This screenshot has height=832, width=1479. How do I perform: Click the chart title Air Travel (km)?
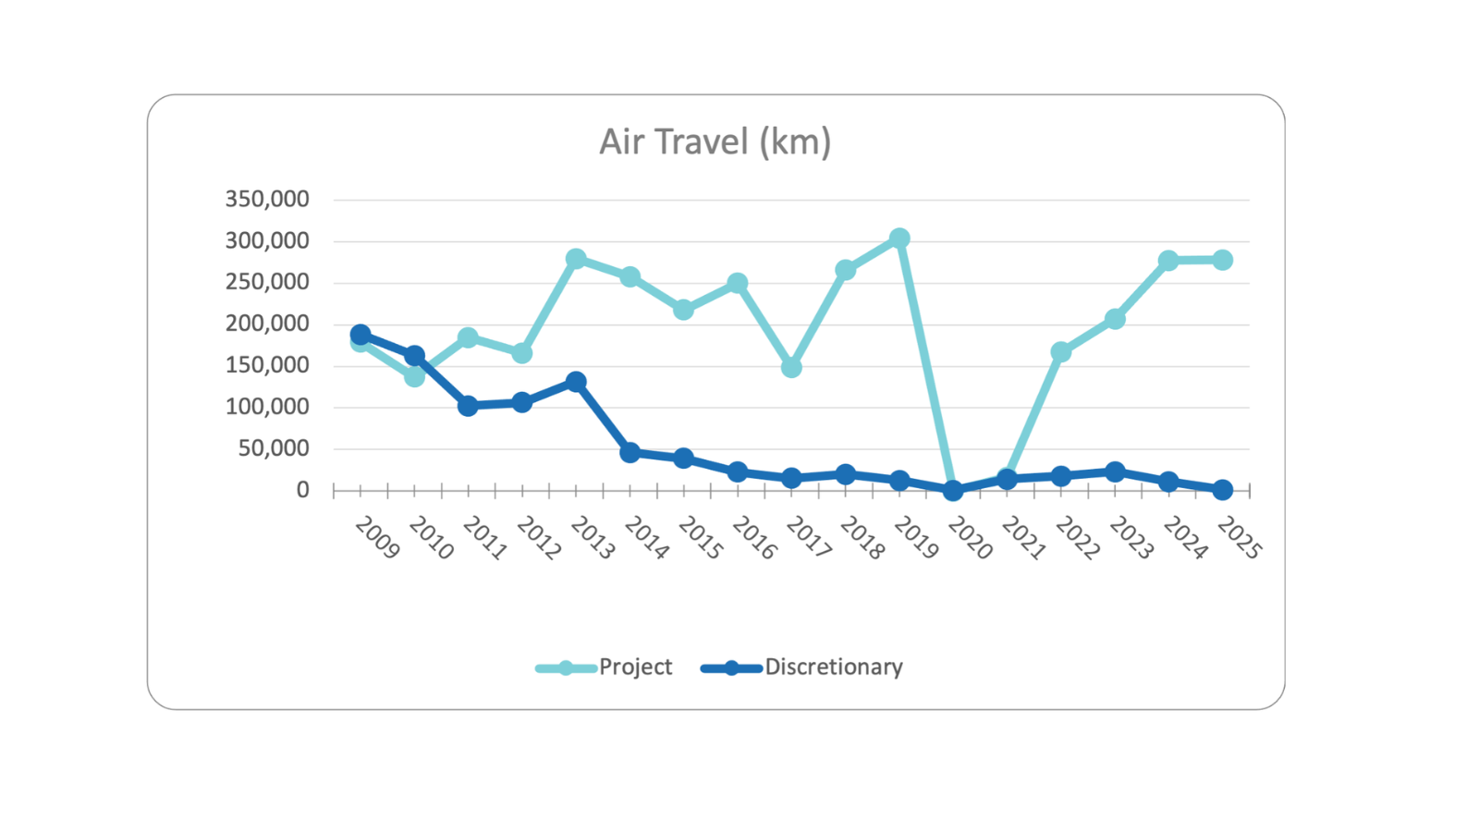pos(715,142)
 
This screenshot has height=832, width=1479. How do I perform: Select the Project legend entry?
pos(635,667)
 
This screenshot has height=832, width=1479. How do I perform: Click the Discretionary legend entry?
pos(833,667)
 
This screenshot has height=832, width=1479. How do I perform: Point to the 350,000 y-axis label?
pos(267,200)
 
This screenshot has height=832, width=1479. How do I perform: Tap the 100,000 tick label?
pos(267,407)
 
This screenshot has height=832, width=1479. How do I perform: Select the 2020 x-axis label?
pos(970,538)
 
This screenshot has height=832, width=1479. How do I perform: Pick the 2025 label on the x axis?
pos(1239,538)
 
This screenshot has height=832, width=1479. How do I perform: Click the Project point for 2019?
pos(899,239)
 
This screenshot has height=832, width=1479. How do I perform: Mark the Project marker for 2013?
pos(576,259)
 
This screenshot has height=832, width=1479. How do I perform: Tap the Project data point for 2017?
pos(791,367)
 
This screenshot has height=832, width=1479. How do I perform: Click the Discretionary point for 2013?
pos(576,382)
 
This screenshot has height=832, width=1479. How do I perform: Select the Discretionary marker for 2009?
pos(361,335)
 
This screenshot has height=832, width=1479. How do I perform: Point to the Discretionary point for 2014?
pos(630,452)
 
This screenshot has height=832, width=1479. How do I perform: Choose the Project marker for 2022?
pos(1060,352)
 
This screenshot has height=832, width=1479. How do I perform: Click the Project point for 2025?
pos(1222,260)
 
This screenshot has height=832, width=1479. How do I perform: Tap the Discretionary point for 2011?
pos(468,405)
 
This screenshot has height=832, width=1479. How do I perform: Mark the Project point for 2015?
pos(683,310)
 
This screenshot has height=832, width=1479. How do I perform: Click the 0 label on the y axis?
pos(302,490)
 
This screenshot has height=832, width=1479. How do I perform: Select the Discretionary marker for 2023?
pos(1115,471)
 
